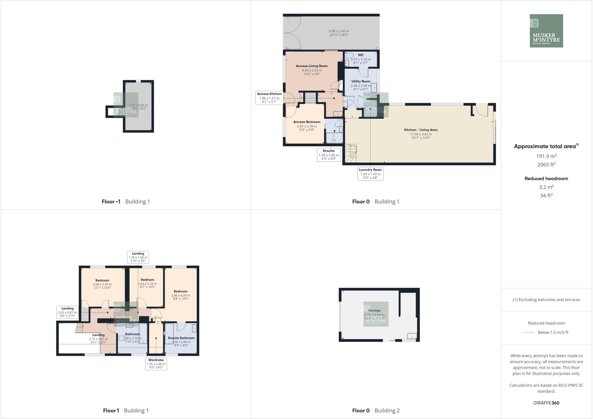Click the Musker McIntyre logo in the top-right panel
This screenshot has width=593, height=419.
546,31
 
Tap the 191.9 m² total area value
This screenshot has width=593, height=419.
546,156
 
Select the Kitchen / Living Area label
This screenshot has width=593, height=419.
420,130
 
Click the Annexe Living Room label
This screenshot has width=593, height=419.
312,66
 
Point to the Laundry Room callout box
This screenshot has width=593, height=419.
370,174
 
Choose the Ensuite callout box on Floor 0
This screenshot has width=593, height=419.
329,155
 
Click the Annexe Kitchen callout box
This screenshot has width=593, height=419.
269,98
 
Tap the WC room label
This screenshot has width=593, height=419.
360,55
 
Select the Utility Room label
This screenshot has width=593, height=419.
360,81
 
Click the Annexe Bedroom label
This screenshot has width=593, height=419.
307,122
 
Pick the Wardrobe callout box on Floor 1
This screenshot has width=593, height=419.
156,364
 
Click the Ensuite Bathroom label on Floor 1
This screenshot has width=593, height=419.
181,338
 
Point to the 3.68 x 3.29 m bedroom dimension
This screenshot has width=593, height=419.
102,284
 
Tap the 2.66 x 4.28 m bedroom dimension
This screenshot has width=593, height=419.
180,295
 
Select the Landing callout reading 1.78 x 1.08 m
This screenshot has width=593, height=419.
138,257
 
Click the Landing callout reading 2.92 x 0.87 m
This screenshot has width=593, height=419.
67,312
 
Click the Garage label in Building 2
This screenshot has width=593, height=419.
374,310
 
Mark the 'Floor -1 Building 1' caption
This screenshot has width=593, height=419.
126,201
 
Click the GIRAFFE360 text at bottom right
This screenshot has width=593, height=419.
546,403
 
